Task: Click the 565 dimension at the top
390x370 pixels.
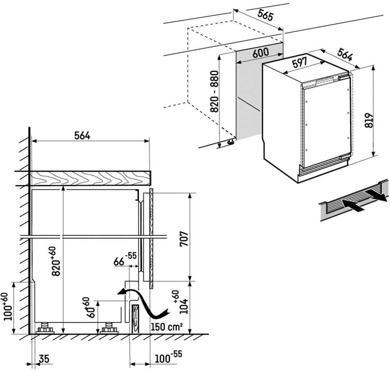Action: (x=265, y=16)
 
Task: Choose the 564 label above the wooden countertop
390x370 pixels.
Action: (x=82, y=135)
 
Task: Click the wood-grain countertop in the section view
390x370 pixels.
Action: (x=90, y=178)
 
